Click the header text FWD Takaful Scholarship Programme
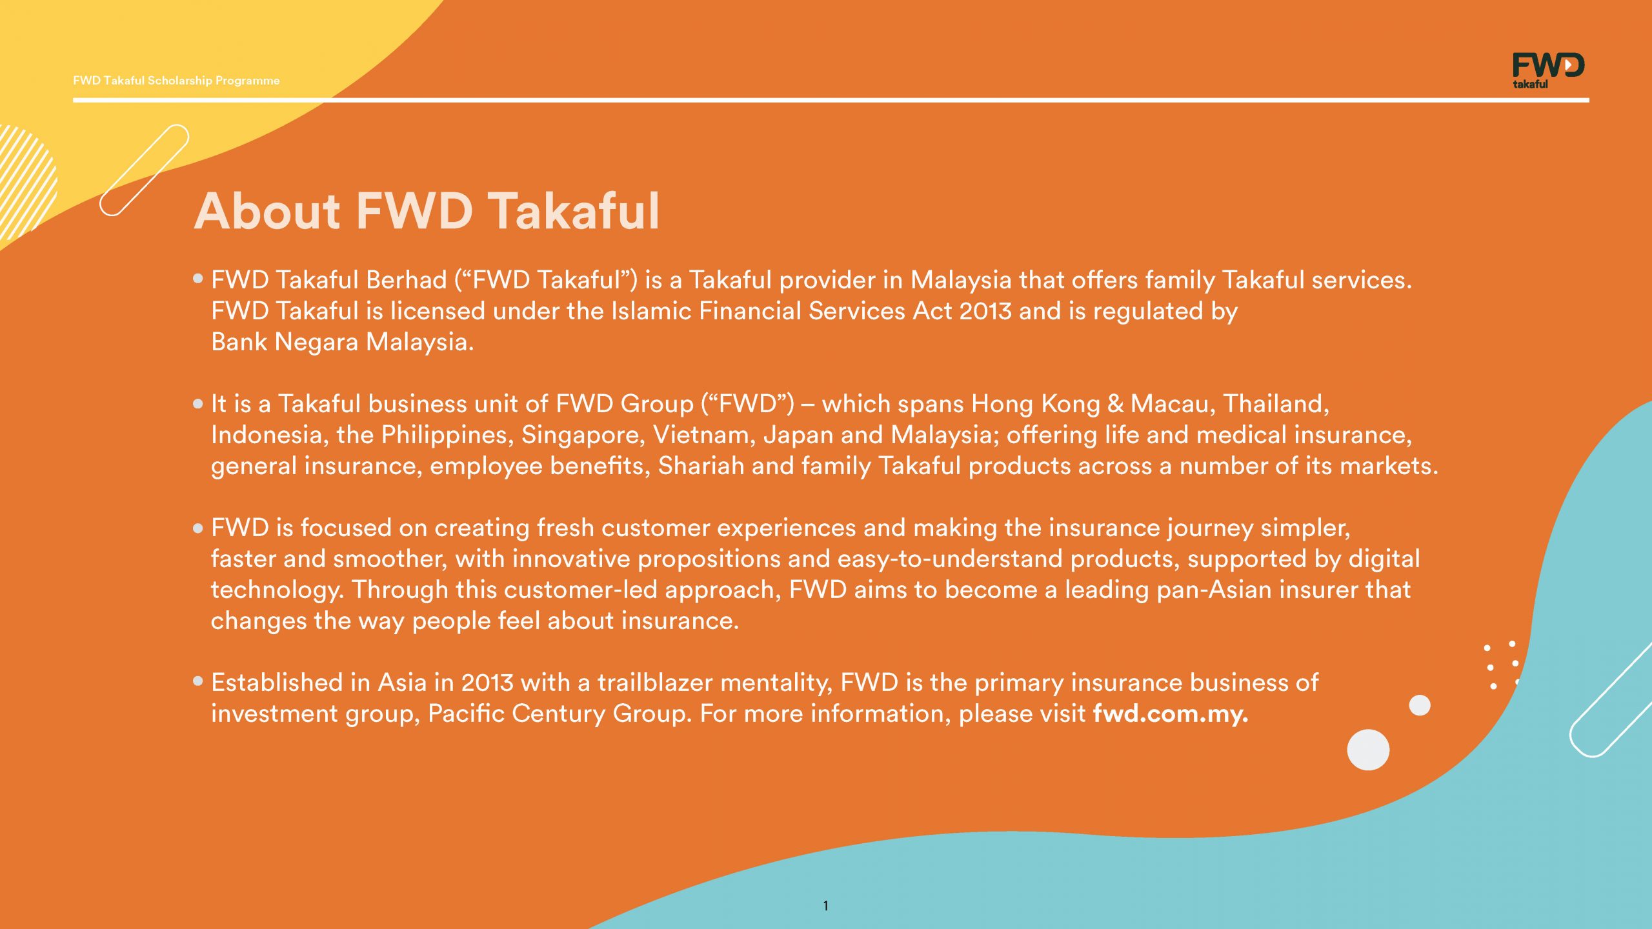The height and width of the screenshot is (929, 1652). [x=176, y=81]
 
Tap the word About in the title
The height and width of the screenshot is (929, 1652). [x=267, y=211]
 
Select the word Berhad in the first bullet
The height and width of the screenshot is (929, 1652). [x=406, y=280]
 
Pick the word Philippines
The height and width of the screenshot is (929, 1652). [x=447, y=435]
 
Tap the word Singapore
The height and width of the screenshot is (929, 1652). [x=583, y=435]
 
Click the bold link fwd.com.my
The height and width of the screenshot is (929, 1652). [x=1171, y=714]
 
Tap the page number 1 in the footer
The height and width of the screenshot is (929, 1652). [x=825, y=906]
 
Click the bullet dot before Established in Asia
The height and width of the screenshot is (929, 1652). [x=198, y=681]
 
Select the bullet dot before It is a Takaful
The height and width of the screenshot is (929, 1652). [x=198, y=404]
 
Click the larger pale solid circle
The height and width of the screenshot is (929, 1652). [x=1368, y=750]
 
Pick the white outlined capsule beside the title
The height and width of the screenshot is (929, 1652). [x=145, y=170]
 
